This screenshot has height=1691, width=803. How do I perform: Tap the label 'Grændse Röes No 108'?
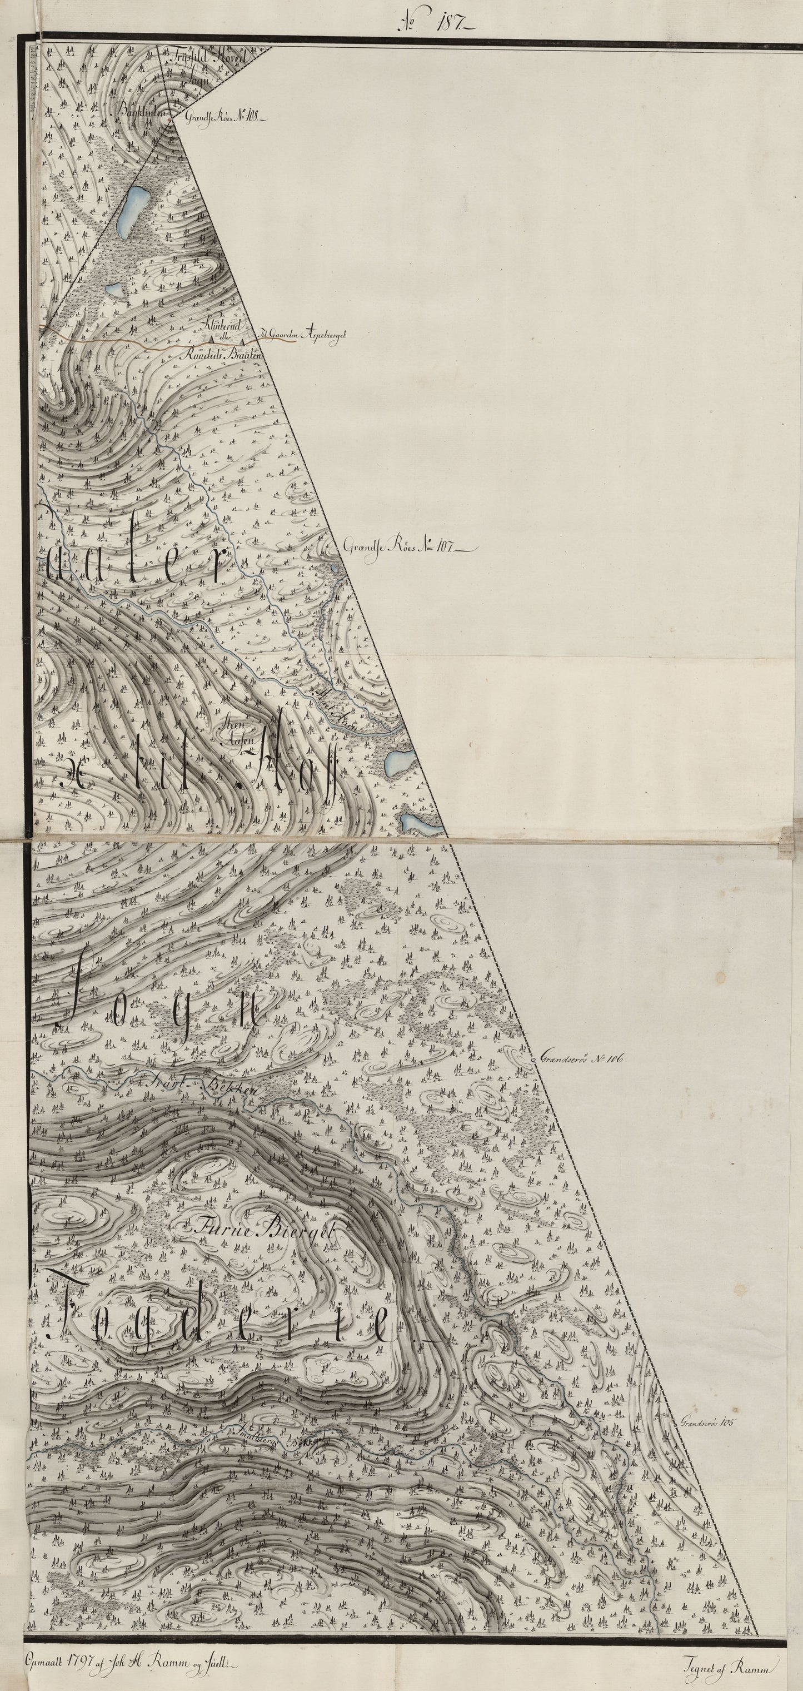click(x=223, y=119)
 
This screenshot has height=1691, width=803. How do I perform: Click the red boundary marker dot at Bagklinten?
click(x=172, y=118)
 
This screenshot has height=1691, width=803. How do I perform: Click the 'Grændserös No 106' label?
click(x=581, y=1059)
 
